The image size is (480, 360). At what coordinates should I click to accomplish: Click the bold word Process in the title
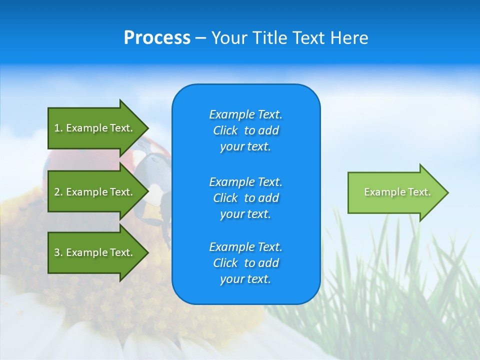click(x=157, y=38)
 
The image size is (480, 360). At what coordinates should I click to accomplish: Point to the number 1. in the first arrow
click(x=58, y=128)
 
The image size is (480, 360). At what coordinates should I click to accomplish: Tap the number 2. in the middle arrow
click(x=58, y=192)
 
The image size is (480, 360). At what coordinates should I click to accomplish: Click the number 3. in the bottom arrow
click(x=58, y=252)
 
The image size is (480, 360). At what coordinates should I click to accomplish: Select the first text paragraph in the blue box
click(x=245, y=130)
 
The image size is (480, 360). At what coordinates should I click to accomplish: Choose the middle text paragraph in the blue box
click(x=245, y=198)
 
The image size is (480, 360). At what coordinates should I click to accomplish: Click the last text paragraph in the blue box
click(x=245, y=263)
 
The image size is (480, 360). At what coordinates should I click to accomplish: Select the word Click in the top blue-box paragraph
click(x=225, y=130)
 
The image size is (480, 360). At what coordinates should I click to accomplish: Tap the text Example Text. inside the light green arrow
click(x=397, y=192)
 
